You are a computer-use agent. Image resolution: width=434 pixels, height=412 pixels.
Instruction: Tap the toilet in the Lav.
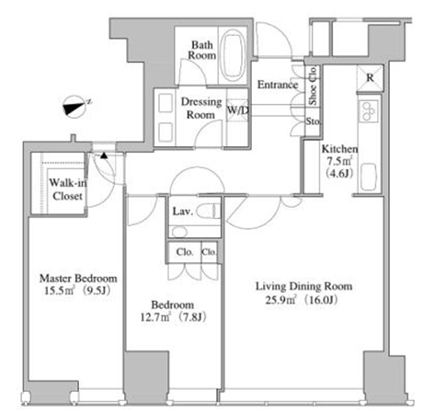click(x=209, y=212)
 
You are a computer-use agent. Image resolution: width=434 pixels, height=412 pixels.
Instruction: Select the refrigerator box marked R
click(x=370, y=78)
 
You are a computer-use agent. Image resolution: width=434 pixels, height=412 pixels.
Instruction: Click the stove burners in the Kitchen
click(x=368, y=111)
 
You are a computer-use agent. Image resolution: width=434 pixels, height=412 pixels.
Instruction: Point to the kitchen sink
click(x=368, y=177)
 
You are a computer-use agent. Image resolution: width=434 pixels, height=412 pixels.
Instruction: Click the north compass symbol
click(x=75, y=107)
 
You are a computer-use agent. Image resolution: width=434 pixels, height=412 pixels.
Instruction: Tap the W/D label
click(x=237, y=109)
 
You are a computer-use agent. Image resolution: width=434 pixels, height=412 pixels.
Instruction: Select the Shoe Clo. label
click(x=313, y=86)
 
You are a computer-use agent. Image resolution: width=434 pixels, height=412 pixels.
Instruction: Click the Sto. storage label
click(x=313, y=121)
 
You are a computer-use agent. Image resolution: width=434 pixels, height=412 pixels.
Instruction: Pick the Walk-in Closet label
click(x=68, y=189)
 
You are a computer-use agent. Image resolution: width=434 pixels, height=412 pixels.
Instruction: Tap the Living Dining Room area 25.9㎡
click(x=280, y=299)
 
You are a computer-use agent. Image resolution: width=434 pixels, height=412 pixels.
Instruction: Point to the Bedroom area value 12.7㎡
click(x=155, y=316)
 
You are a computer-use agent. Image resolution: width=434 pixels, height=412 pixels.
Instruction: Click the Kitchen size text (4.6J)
click(x=340, y=174)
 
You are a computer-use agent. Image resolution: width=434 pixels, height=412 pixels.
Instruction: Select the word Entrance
click(x=278, y=85)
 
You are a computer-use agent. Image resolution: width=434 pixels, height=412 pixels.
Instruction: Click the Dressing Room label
click(x=201, y=109)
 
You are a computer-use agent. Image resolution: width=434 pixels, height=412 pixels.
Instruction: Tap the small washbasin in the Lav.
click(x=179, y=232)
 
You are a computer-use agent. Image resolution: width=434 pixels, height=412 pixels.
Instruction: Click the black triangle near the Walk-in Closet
click(x=104, y=155)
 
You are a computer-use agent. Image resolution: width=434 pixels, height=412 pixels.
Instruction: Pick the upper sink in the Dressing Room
click(x=166, y=103)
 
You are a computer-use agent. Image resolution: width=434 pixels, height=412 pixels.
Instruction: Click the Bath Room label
click(x=202, y=50)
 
